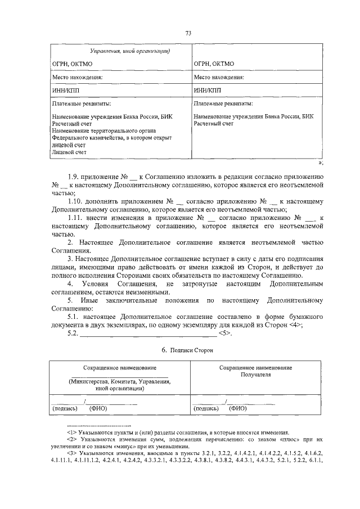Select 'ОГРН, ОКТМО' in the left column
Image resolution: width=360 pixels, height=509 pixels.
(69, 65)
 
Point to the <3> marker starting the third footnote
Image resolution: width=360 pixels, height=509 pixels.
(72, 453)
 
